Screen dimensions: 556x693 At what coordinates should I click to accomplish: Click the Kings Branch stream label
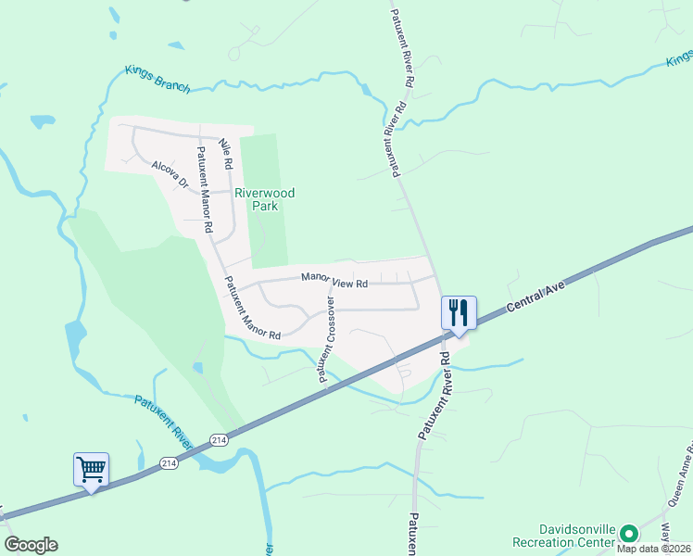157,80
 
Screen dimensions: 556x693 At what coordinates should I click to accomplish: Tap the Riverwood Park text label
264,199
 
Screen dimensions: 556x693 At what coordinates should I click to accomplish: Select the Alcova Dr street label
170,173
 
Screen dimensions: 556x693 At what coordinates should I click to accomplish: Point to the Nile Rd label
225,154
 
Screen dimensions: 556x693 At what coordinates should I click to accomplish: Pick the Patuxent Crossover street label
327,339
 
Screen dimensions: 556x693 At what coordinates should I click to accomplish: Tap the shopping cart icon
91,469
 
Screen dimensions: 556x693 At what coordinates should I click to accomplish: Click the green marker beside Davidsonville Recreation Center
629,533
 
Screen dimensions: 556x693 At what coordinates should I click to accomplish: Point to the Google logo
31,545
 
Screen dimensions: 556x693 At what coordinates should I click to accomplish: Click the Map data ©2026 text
654,549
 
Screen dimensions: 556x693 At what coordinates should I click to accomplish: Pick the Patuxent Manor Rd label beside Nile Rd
206,188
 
